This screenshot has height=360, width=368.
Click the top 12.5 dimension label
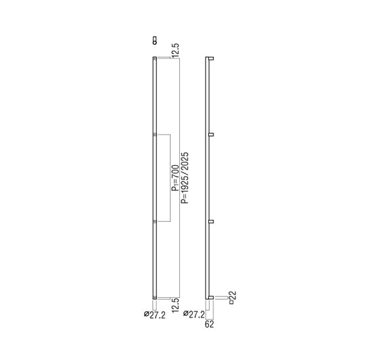pyautogui.click(x=176, y=50)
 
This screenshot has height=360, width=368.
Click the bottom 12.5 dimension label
pyautogui.click(x=176, y=305)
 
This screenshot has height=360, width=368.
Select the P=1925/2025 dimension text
pyautogui.click(x=185, y=178)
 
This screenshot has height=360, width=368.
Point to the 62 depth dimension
pyautogui.click(x=210, y=324)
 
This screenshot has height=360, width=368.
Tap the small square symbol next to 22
pyautogui.click(x=231, y=302)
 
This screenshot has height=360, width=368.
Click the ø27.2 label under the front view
pyautogui.click(x=155, y=315)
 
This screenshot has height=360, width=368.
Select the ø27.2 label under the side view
pyautogui.click(x=194, y=314)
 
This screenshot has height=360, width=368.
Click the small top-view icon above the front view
pyautogui.click(x=154, y=41)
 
